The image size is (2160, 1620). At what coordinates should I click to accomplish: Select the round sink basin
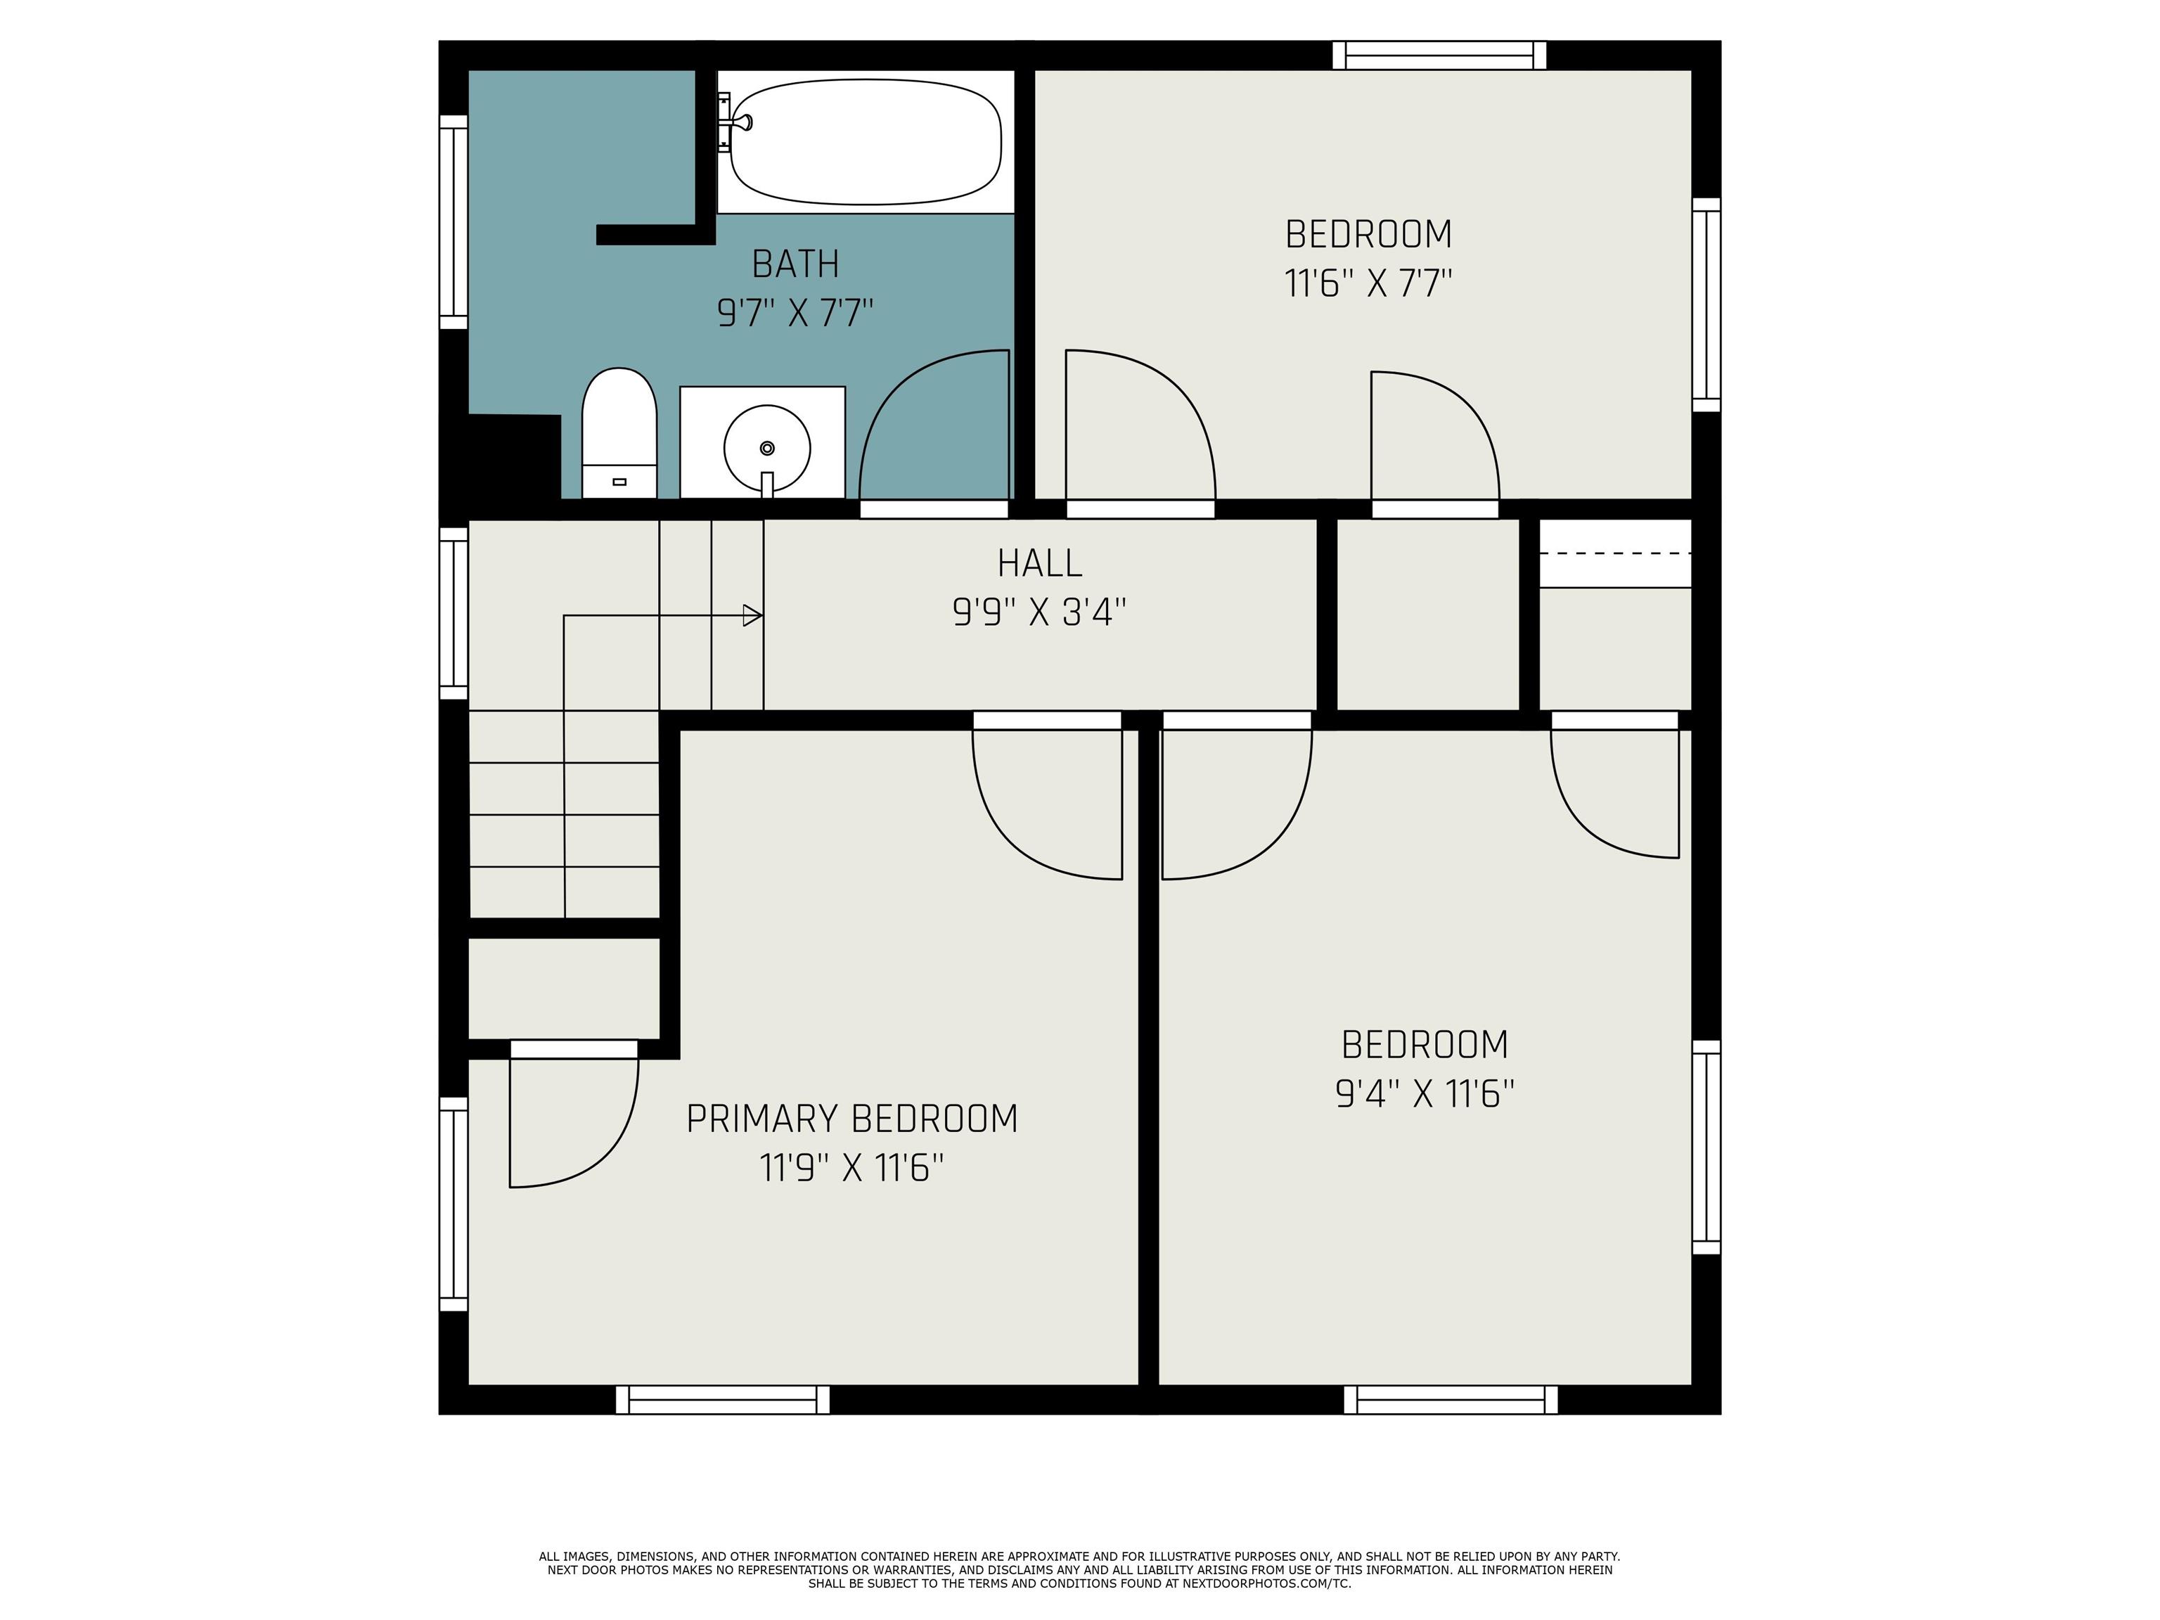coord(766,448)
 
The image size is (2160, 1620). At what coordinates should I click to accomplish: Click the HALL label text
coord(1039,563)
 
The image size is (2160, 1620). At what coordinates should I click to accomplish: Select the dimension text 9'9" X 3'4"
coord(1039,613)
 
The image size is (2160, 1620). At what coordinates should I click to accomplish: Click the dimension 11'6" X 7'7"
coord(1368,284)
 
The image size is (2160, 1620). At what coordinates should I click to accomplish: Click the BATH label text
coord(795,264)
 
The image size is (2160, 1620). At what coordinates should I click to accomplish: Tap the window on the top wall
coord(1439,56)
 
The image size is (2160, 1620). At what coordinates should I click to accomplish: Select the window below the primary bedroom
coord(723,1399)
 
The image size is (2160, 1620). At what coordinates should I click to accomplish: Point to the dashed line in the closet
coord(1615,553)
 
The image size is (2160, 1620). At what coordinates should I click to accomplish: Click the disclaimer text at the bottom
coord(1079,1569)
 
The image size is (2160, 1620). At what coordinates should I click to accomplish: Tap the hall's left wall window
coord(453,613)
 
